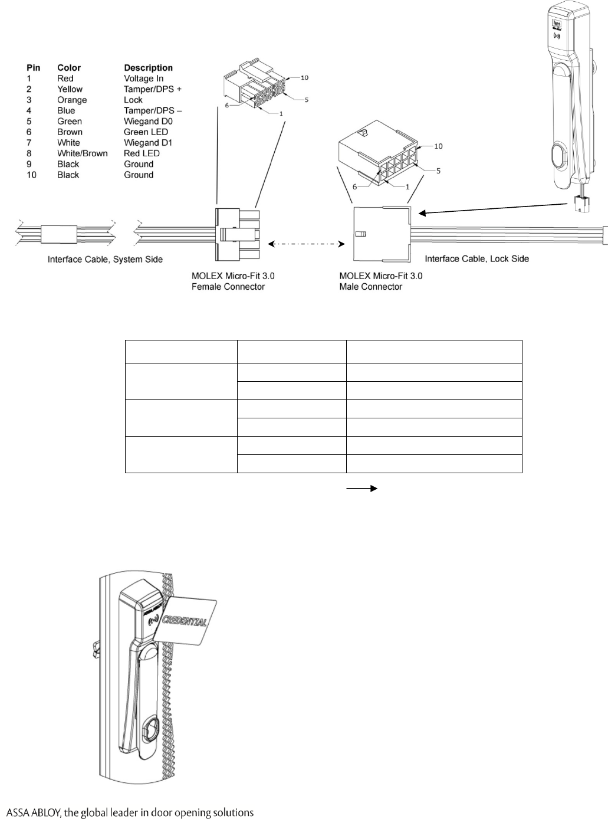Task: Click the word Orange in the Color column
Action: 72,100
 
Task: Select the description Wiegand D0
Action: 148,121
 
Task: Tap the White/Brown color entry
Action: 82,153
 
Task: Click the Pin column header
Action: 33,68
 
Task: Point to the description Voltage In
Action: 143,78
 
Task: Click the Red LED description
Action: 142,153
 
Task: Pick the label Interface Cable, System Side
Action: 105,259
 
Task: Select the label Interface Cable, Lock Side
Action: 476,258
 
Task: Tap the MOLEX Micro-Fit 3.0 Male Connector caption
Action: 381,281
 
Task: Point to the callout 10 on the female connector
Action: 304,77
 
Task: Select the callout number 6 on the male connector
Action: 355,186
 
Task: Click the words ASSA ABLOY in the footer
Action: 31,813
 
